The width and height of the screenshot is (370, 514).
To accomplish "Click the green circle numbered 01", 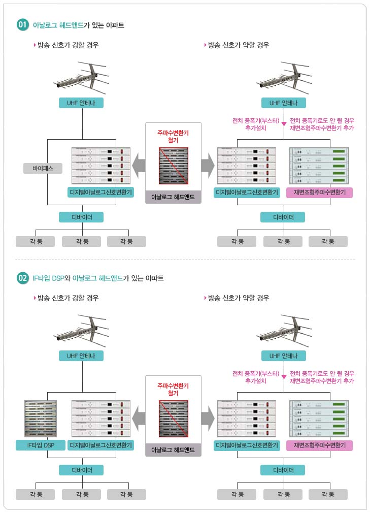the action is pos(23,24).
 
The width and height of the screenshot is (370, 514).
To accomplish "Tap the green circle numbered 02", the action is pos(23,278).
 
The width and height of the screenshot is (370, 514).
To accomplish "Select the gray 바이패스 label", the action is pos(43,169).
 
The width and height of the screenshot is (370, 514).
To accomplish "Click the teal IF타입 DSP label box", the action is pos(41,445).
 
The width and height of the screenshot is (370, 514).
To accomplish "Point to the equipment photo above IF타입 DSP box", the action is pos(41,419).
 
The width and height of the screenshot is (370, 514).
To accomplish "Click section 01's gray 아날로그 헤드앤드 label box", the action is pos(173,197).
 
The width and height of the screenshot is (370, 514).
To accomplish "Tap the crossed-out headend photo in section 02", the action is pos(174,419).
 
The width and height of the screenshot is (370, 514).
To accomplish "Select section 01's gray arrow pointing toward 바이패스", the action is pos(139,166).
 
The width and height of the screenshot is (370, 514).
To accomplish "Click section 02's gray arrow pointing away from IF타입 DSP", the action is pos(208,419).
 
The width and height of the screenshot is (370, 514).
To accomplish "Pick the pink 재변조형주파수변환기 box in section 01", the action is pos(320,192).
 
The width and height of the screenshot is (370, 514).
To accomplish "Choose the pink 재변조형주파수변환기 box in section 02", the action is pos(320,445).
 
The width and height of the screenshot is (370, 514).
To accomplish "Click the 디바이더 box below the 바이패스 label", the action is pos(81,217).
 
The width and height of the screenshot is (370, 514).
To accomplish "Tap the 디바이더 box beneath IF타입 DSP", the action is pos(81,470).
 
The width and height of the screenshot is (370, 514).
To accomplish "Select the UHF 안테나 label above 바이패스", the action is pos(81,103).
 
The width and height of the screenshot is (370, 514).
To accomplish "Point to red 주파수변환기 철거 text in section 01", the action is pos(173,136).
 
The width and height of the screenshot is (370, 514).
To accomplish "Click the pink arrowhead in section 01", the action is pos(284,124).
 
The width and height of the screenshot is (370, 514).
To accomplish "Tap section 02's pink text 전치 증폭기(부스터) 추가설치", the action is pos(256,377).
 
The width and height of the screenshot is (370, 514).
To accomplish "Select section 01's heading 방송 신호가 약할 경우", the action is pos(239,45).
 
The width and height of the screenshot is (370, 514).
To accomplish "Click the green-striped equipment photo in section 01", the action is pos(319,166).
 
